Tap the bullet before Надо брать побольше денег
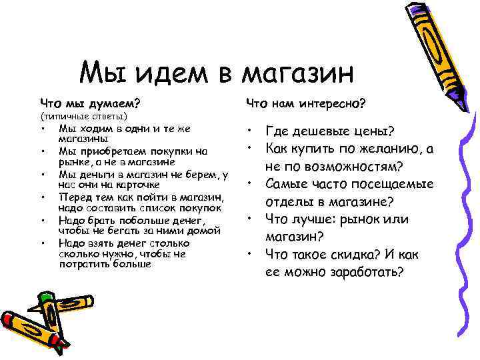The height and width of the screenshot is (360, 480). coord(42,220)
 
